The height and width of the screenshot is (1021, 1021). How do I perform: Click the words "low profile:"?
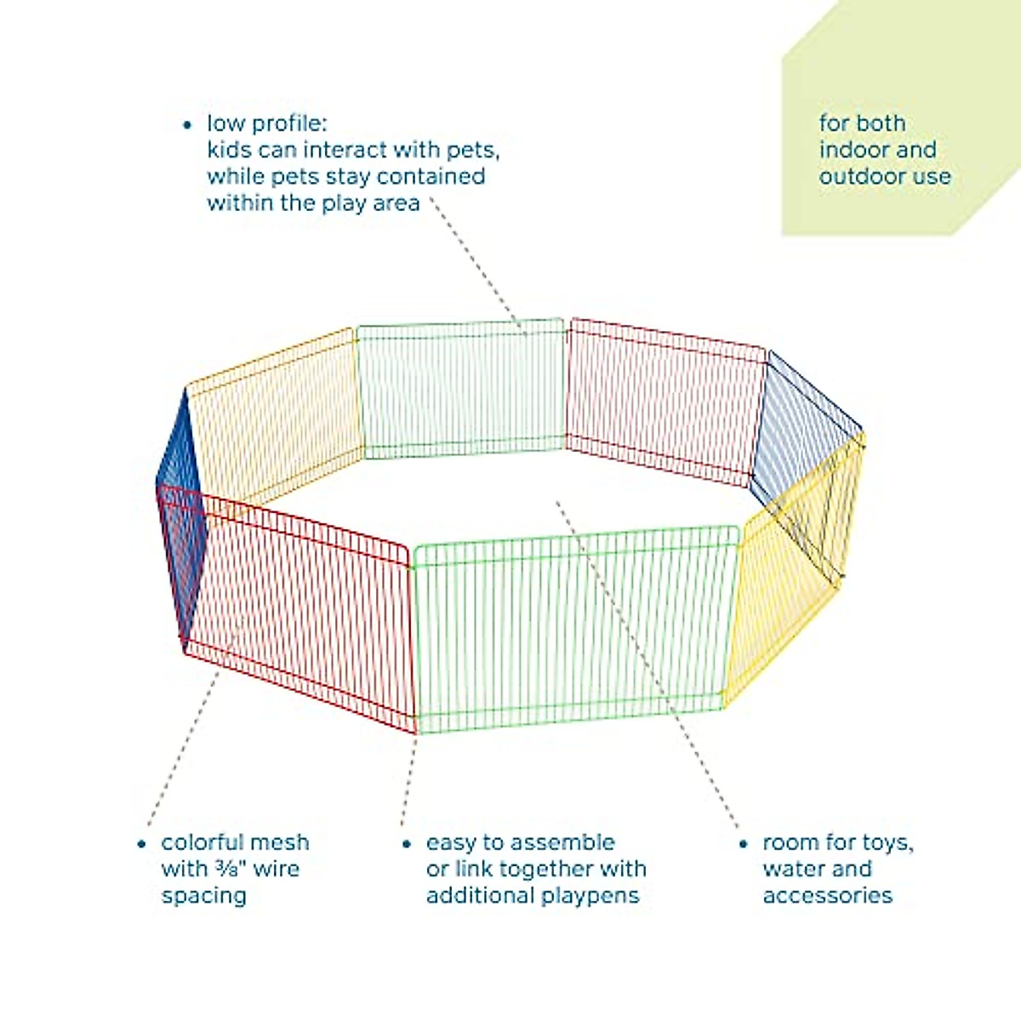coord(265,124)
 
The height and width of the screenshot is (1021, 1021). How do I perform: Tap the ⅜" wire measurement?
coord(230,869)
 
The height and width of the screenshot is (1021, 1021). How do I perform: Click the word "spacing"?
coord(203,896)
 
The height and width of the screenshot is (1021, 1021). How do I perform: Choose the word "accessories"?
coord(827,896)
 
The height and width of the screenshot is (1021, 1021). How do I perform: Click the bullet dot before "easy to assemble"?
coord(407,844)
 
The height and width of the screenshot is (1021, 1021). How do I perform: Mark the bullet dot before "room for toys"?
coord(743,844)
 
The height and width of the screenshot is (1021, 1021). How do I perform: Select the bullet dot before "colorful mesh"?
coord(141,844)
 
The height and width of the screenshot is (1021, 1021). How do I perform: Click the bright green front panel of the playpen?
coord(570,630)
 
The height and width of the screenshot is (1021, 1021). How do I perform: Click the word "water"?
coord(791,869)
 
